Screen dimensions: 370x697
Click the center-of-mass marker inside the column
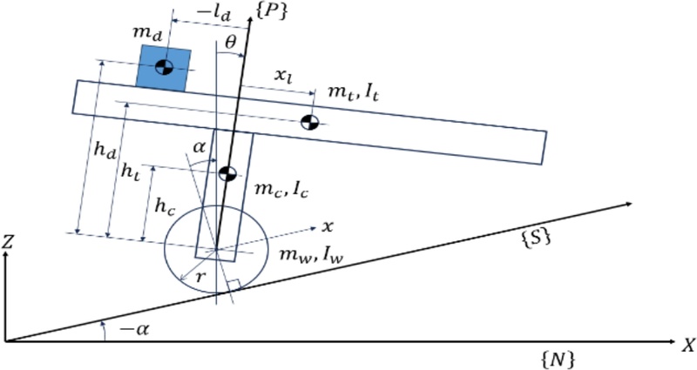[227, 173]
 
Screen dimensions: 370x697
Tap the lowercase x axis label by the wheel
[328, 226]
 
